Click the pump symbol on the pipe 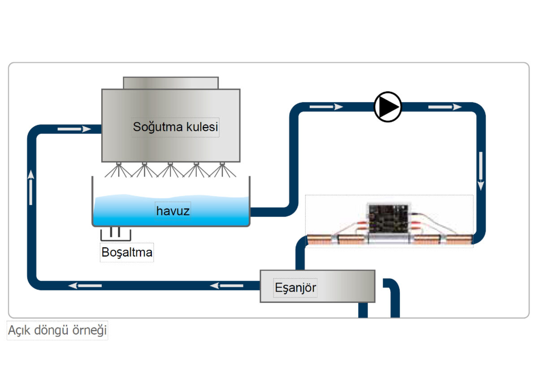[x=388, y=107]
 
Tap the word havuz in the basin [x=173, y=211]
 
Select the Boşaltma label [x=127, y=253]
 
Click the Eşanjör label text [x=295, y=287]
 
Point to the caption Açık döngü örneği [x=58, y=331]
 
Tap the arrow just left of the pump [x=326, y=107]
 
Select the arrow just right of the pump [x=445, y=107]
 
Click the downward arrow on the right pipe [x=481, y=172]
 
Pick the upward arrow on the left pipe [x=31, y=187]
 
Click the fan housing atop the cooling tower [x=171, y=83]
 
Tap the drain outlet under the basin [x=115, y=234]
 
